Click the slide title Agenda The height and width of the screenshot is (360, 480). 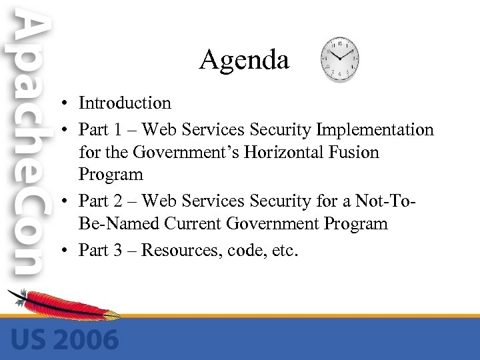[x=244, y=61]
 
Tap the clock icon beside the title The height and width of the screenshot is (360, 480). [x=340, y=59]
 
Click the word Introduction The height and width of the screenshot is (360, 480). [x=125, y=103]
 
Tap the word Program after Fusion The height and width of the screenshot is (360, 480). [x=111, y=175]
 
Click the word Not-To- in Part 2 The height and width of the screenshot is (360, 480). [x=407, y=200]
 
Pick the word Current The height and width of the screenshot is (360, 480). [x=187, y=224]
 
